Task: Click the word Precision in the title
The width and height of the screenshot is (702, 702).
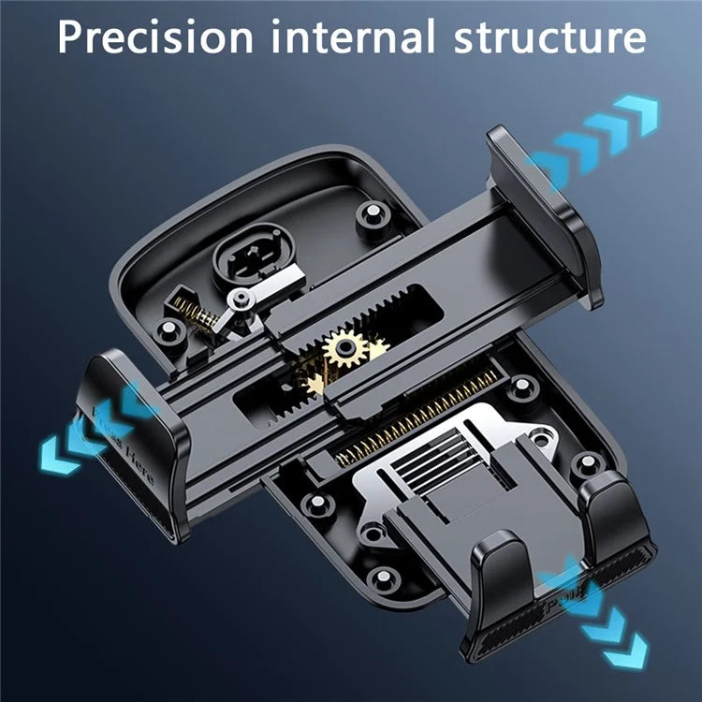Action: point(154,37)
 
